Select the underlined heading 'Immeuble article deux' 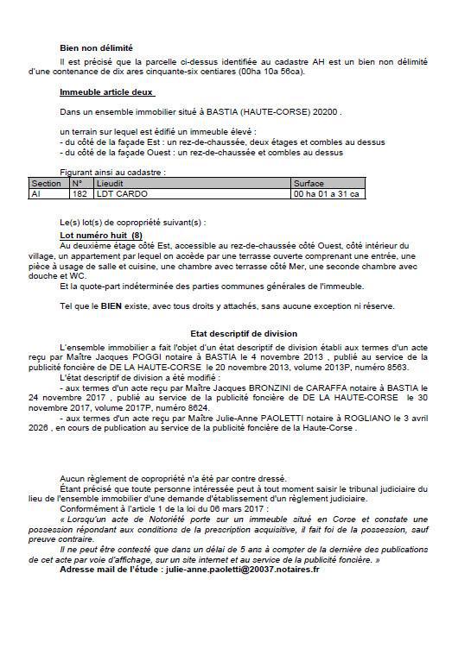tap(106, 91)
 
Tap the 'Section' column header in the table tap(46, 184)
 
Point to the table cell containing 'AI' tap(36, 194)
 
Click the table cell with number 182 tap(79, 194)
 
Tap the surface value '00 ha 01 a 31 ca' tap(327, 194)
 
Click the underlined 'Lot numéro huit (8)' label tap(101, 235)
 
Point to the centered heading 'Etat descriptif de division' tap(232, 333)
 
